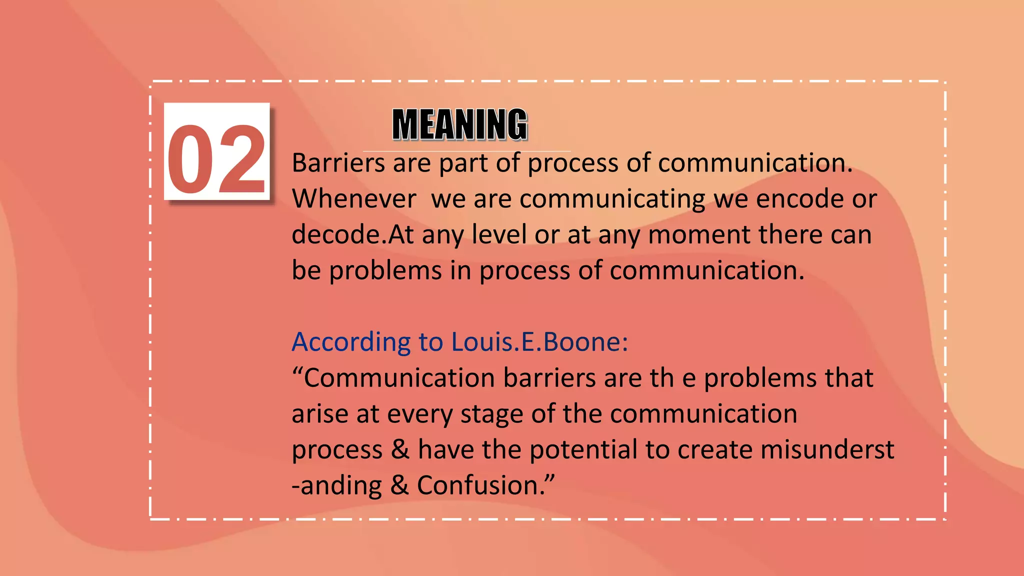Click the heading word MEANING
(459, 124)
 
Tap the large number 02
(216, 159)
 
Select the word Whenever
(354, 199)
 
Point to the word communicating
(612, 199)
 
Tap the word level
(499, 234)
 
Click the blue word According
(351, 342)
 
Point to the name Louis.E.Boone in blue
(539, 342)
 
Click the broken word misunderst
(827, 449)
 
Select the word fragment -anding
(336, 485)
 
